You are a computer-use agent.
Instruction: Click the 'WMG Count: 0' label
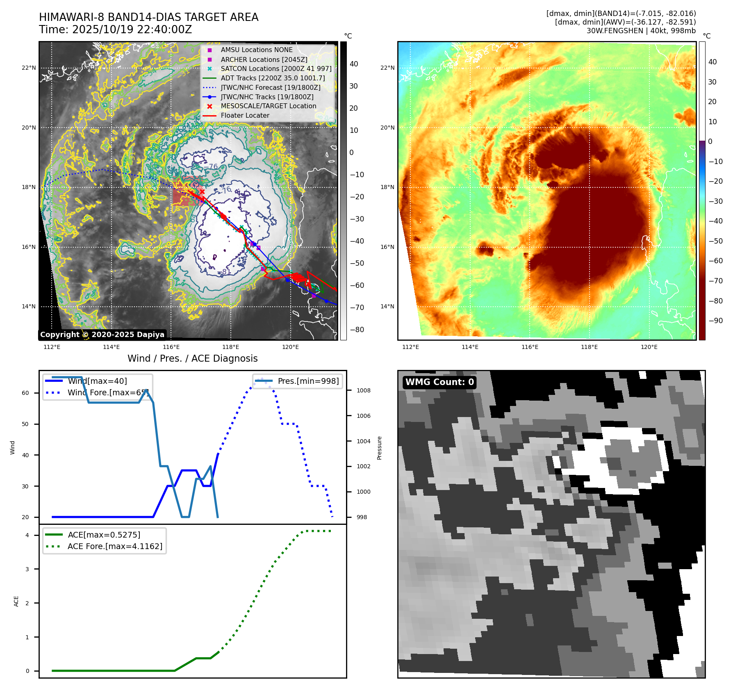439,382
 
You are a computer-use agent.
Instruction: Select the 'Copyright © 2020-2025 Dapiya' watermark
102,335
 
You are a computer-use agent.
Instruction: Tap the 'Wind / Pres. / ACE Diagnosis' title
192,358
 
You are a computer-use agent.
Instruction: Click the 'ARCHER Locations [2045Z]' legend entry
264,59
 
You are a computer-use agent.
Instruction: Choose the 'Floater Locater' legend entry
245,116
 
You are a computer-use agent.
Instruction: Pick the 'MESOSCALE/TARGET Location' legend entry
268,106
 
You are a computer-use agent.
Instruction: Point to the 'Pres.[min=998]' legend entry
308,381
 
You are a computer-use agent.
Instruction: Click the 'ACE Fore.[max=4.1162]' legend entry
115,546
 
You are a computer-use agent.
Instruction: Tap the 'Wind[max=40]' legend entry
97,381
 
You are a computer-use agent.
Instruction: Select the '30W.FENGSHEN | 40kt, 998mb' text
641,31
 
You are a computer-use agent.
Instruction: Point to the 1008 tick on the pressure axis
363,390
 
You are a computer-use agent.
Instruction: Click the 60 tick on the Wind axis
25,393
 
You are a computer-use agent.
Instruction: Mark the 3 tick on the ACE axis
27,569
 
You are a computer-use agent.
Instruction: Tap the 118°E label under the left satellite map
231,347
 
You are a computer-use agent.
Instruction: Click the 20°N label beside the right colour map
387,128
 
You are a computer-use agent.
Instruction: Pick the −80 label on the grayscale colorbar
357,330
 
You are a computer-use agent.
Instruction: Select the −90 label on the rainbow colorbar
715,321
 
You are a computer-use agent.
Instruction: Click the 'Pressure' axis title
379,448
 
